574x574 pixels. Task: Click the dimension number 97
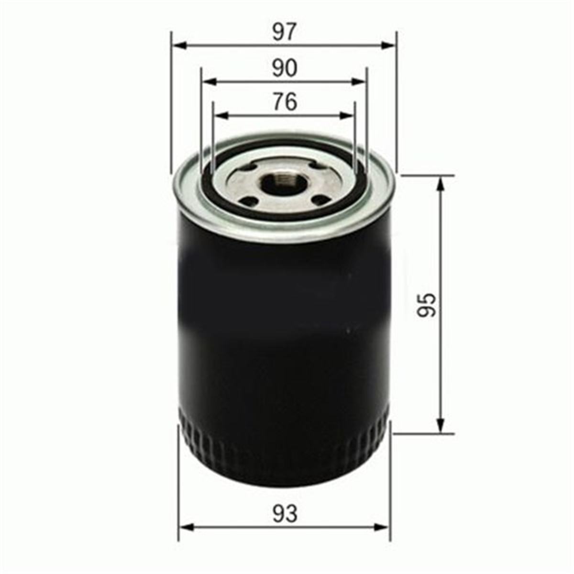tap(285, 32)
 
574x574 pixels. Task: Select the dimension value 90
tap(285, 68)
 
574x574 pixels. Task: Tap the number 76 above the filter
tap(285, 102)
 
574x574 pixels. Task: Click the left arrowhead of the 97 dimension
tap(180, 45)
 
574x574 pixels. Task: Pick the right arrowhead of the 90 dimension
tap(359, 81)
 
